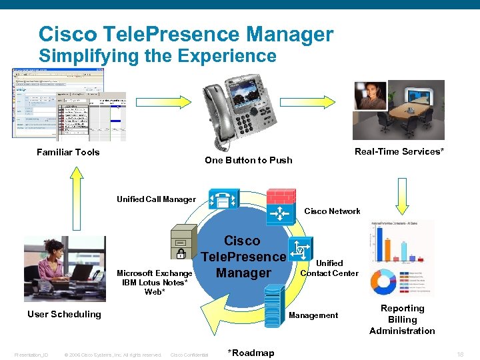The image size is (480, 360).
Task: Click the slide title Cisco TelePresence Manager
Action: coord(186,33)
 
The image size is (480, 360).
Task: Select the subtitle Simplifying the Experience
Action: coord(157,56)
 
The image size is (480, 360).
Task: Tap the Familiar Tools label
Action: coord(68,153)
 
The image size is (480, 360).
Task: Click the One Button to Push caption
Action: coord(248,160)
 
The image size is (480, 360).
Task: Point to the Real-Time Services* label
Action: coord(399,152)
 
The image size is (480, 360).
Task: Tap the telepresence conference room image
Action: coord(398,109)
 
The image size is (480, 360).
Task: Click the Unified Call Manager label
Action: coord(156,199)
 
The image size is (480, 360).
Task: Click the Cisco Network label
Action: coord(332,211)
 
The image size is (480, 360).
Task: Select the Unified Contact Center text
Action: coord(329,268)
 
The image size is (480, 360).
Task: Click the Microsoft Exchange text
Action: coord(155,273)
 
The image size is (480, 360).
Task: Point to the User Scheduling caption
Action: coord(64,315)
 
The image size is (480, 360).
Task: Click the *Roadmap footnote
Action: coord(251,353)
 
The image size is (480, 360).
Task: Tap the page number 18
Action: coord(460,355)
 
